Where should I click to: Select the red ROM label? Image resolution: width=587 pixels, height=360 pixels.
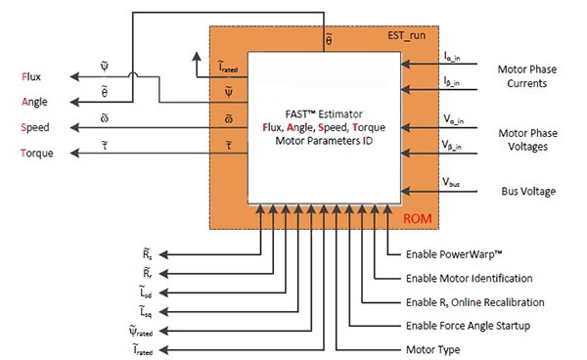[x=418, y=217]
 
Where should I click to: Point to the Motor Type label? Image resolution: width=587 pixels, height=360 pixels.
[x=431, y=348]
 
